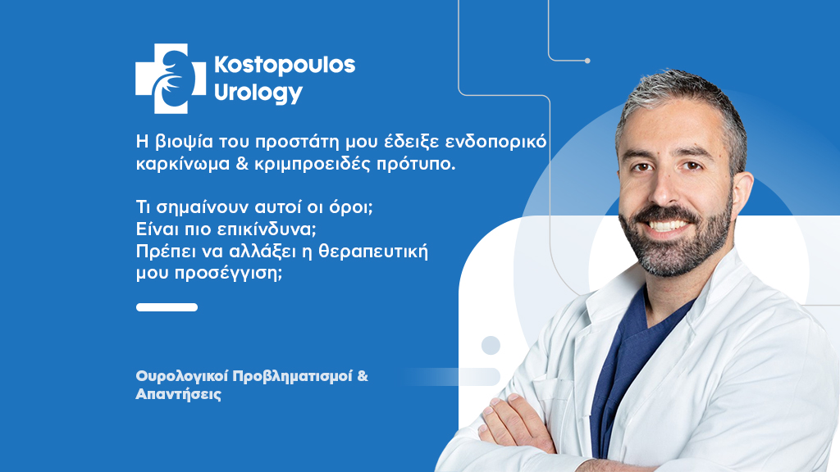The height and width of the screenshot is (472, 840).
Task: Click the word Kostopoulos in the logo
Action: [284, 66]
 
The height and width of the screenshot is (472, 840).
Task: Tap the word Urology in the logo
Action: [258, 93]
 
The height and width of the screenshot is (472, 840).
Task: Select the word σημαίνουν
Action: [196, 206]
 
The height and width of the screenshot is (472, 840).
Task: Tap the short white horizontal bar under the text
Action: [167, 307]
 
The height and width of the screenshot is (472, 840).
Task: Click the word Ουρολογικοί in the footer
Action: [181, 376]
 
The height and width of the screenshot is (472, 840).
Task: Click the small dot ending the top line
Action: [587, 61]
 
